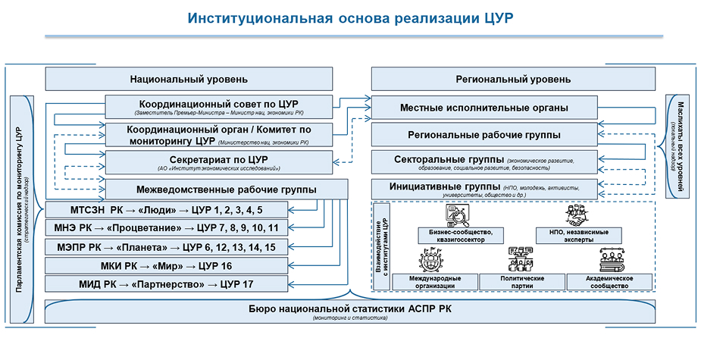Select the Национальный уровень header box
tap(189, 79)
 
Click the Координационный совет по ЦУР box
tap(218, 106)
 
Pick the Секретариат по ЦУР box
tap(218, 162)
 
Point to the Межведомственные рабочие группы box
tap(226, 189)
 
